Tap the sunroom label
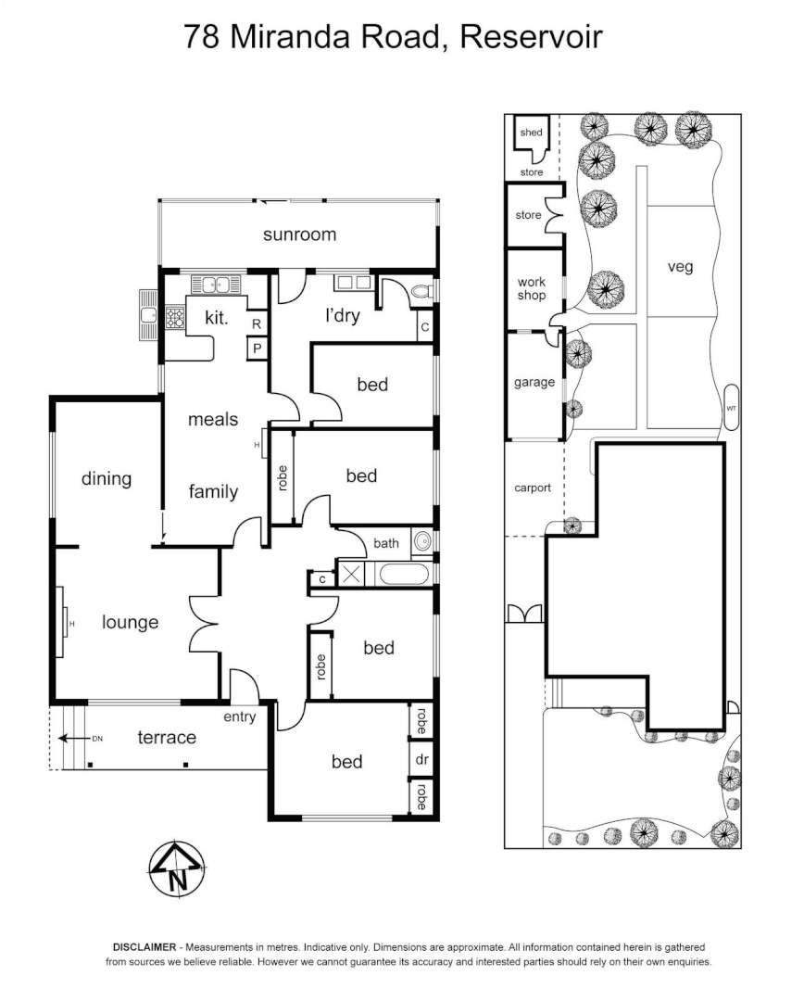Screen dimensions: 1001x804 click(299, 234)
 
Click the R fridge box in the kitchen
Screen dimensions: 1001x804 click(257, 323)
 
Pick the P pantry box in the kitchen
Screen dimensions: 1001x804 click(257, 348)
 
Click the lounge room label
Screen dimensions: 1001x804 click(130, 622)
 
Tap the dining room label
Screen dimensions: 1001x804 click(107, 479)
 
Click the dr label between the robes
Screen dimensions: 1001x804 click(421, 760)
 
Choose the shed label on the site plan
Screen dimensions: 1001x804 click(531, 133)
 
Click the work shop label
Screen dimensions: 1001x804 click(532, 288)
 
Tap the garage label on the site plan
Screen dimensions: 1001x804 click(534, 382)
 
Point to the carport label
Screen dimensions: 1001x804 click(533, 488)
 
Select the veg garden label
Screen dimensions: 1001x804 click(680, 267)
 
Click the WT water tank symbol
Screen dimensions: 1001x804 click(731, 408)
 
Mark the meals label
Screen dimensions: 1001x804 click(213, 420)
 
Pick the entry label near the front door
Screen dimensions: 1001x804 click(240, 716)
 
